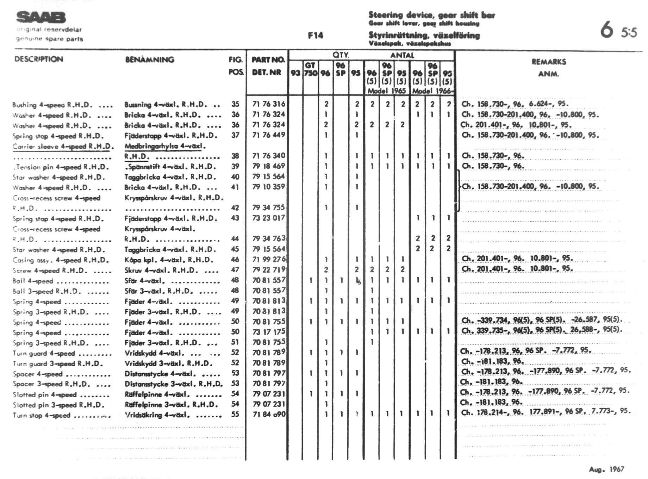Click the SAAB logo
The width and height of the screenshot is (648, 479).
(x=41, y=17)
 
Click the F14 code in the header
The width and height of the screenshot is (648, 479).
(x=315, y=35)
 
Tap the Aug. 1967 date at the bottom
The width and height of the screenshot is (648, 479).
(x=606, y=469)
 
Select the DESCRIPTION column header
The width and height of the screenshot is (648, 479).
(x=39, y=59)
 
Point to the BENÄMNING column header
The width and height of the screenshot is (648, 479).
(x=150, y=60)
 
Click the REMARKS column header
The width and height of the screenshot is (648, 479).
(x=549, y=62)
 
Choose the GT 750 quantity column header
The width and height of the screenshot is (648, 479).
(x=310, y=69)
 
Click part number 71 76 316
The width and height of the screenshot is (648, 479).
(x=269, y=104)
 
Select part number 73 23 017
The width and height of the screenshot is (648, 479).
(x=269, y=218)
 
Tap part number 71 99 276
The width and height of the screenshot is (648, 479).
(x=269, y=260)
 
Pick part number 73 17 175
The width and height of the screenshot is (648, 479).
(x=269, y=332)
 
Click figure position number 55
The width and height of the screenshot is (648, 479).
(x=235, y=415)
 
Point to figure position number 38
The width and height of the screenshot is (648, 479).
(x=235, y=156)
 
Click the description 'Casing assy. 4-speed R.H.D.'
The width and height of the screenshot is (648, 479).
(x=61, y=260)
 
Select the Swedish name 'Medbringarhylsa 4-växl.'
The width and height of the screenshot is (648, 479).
(x=165, y=146)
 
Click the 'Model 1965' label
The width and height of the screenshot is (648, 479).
(x=387, y=91)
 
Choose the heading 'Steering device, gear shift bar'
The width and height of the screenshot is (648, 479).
(x=431, y=15)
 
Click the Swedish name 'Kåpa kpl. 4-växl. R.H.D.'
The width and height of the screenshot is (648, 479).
(x=169, y=260)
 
